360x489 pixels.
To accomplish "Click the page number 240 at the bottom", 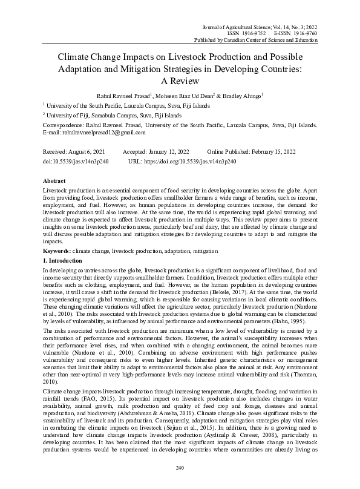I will point(179,468).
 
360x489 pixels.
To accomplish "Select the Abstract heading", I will point(56,180).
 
